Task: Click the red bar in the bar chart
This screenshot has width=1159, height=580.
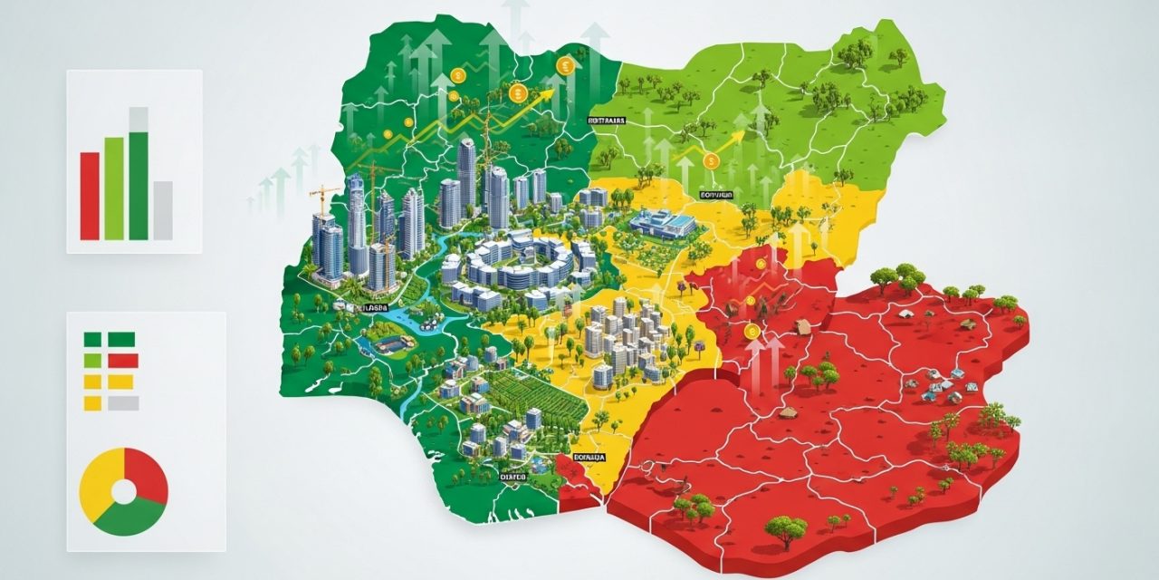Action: coord(90,196)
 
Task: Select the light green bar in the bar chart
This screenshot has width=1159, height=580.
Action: coord(114,188)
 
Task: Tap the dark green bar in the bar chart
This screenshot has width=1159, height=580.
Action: coord(138,186)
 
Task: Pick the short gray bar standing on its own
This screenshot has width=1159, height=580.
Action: coord(162,209)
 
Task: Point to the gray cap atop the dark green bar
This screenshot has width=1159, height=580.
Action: coord(138,119)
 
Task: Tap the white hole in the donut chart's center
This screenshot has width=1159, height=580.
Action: coord(123,491)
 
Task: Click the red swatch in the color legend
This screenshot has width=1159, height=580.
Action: coord(123,361)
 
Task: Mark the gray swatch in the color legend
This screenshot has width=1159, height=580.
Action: coord(123,403)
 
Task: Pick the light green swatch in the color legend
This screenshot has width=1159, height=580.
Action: coord(92,361)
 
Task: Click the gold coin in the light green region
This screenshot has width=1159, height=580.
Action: coord(711,161)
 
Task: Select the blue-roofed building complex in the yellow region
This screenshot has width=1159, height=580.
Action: coord(663,222)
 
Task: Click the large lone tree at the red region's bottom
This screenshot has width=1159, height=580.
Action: coord(784,528)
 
